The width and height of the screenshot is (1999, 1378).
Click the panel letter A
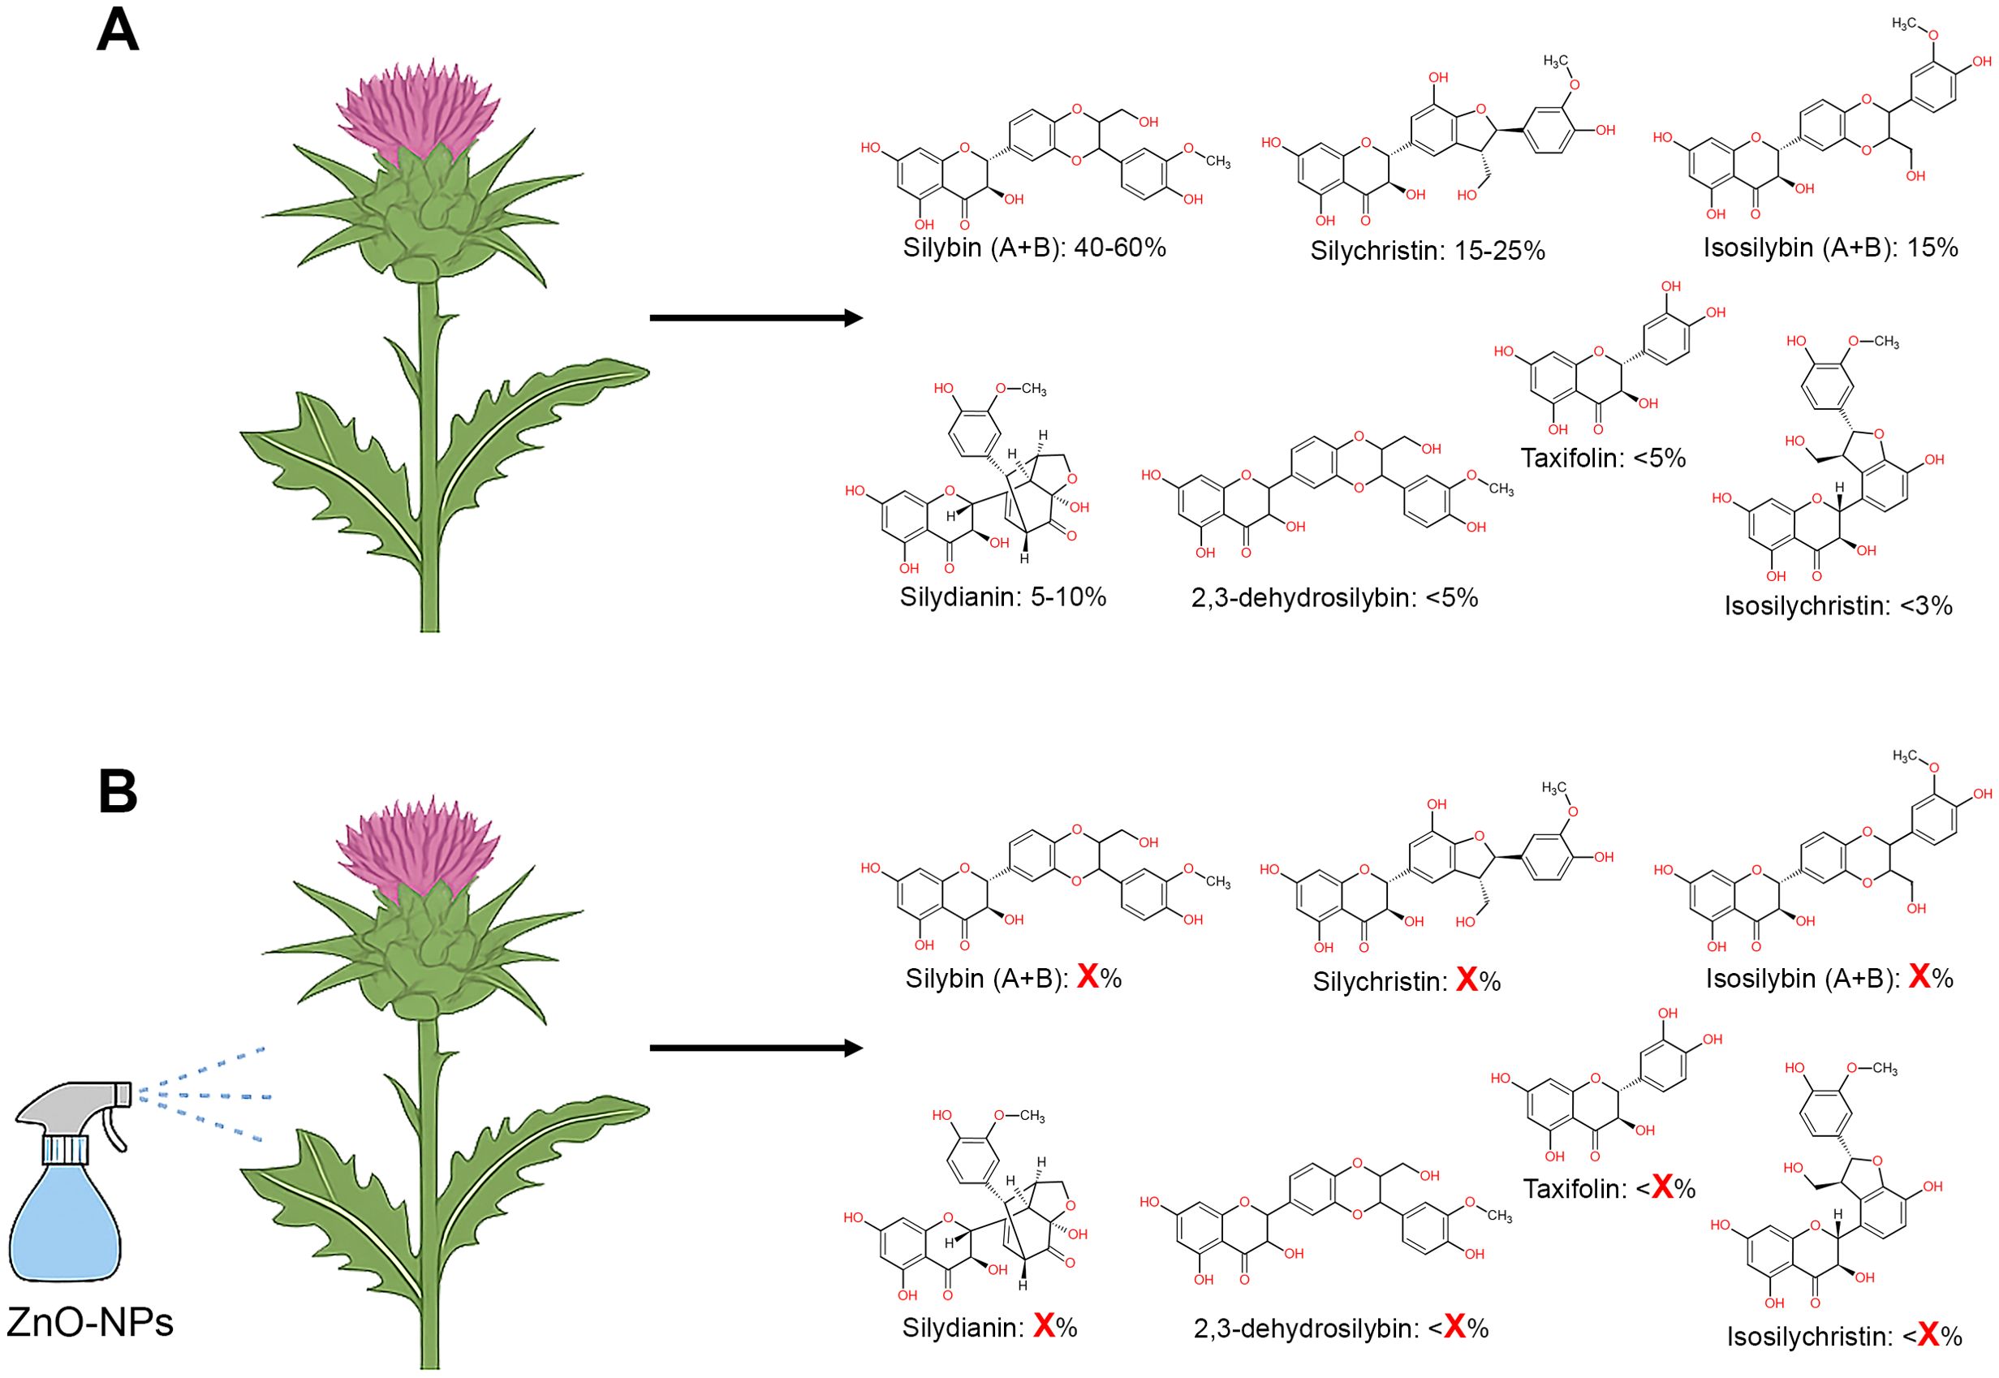point(118,32)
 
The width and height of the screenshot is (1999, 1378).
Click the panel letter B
point(118,792)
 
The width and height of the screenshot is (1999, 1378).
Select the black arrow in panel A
point(756,319)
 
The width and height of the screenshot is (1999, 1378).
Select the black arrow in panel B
point(756,1049)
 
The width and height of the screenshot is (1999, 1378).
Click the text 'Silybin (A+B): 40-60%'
point(1034,248)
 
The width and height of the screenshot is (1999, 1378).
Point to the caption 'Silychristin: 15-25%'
point(1427,252)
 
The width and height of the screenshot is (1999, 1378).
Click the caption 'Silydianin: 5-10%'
point(1002,597)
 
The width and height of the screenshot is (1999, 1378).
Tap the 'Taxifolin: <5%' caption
point(1603,459)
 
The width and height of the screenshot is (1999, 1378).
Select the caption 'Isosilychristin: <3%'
point(1837,606)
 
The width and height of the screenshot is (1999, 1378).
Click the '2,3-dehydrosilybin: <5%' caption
point(1334,597)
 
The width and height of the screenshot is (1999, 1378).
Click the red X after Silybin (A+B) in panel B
point(1087,977)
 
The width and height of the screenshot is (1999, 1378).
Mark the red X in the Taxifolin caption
point(1662,1189)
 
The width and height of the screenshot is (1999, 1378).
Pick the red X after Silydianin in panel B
point(1044,1326)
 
